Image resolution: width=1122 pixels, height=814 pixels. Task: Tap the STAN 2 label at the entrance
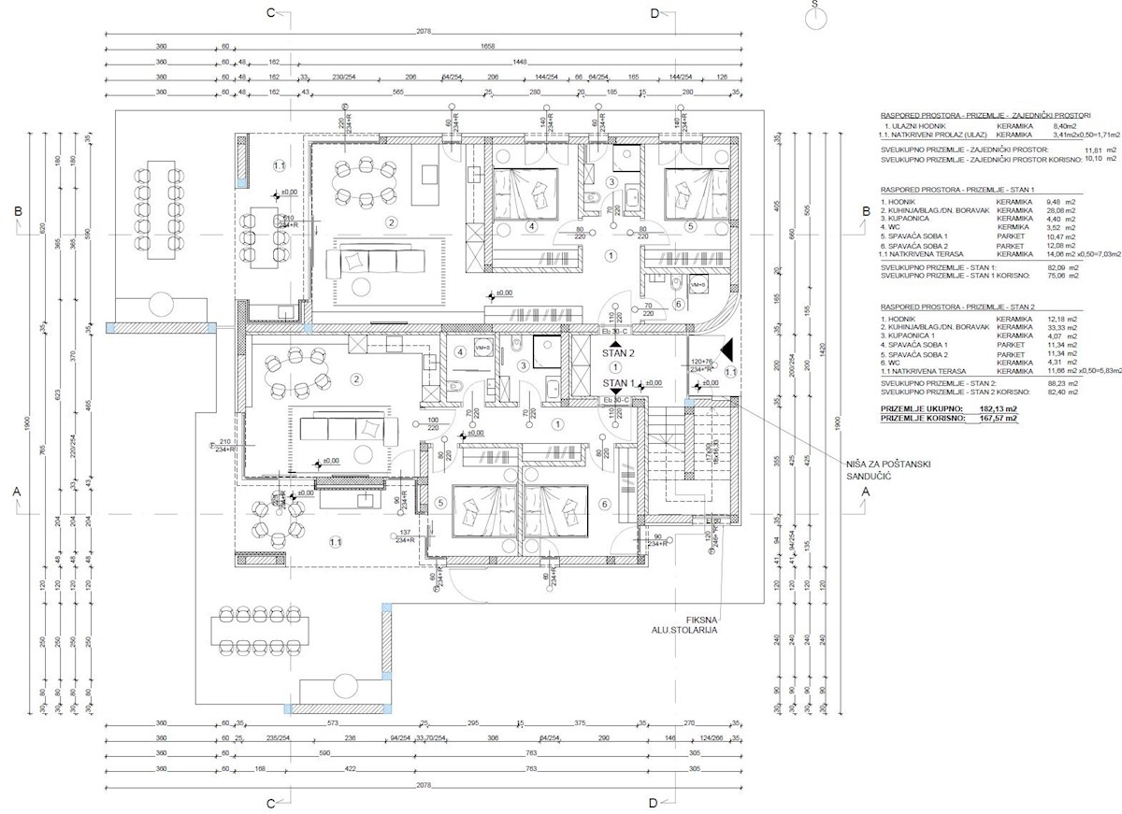click(x=618, y=354)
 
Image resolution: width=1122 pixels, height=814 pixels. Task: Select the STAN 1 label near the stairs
click(x=619, y=383)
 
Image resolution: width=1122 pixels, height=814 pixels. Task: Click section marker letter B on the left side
click(x=18, y=212)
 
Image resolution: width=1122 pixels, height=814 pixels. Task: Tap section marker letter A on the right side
click(x=865, y=491)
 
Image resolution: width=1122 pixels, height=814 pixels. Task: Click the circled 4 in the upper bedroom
click(x=531, y=226)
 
